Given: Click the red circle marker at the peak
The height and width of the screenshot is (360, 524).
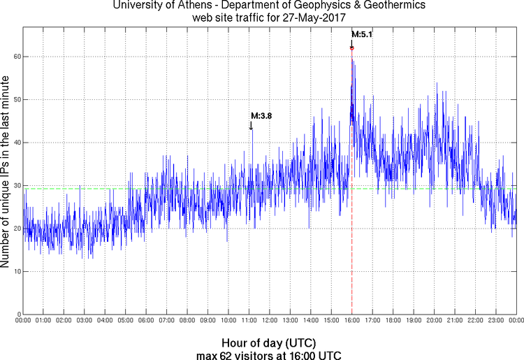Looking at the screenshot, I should click(352, 48).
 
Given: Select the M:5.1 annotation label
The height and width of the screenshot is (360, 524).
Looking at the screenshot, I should click(362, 34).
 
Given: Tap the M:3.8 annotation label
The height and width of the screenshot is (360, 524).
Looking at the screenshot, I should click(261, 116).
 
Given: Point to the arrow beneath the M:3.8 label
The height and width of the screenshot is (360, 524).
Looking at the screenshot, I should click(251, 125).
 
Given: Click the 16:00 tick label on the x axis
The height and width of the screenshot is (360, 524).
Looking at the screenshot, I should click(351, 320).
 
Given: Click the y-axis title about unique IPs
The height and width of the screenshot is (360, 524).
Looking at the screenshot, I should click(6, 171).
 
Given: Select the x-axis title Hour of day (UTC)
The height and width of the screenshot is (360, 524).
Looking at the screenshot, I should click(268, 343).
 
